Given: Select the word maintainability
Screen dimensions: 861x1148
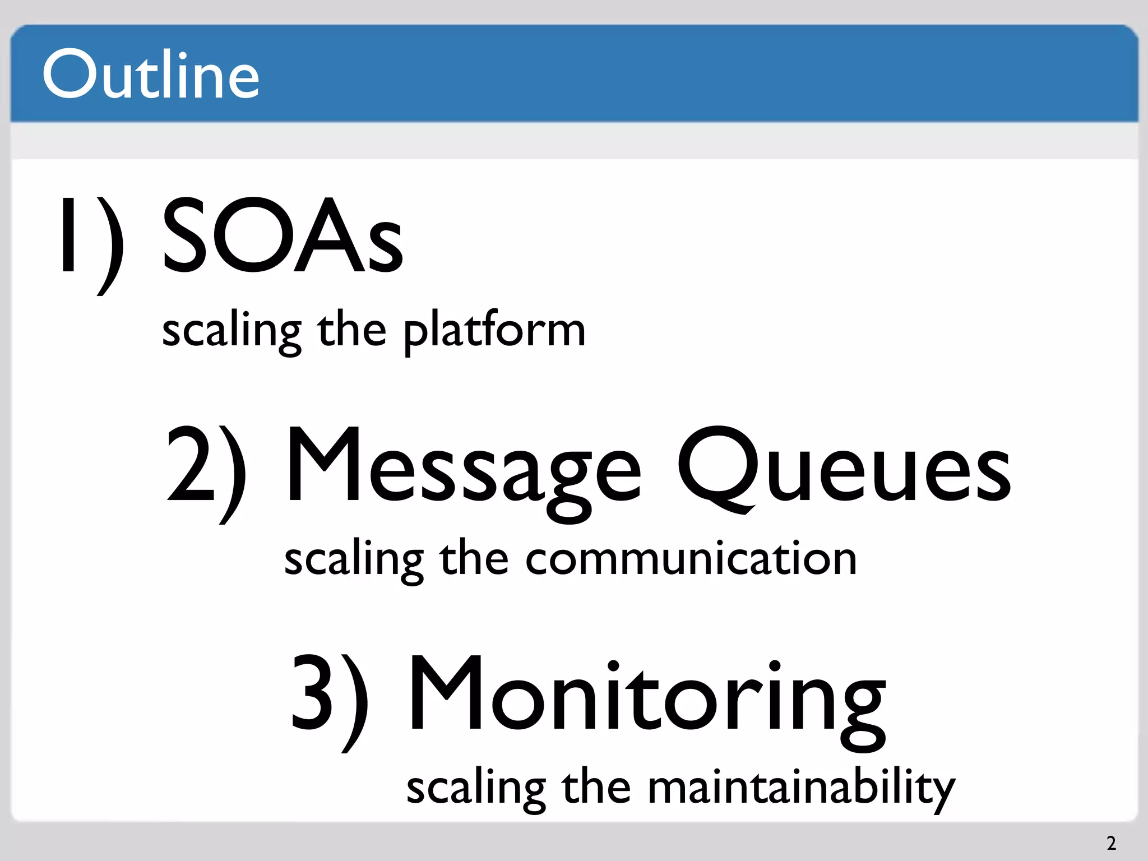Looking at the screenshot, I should (x=801, y=788).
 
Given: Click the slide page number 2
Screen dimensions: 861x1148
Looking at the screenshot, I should (x=1111, y=843).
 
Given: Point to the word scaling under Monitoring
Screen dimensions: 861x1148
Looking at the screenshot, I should (x=476, y=788).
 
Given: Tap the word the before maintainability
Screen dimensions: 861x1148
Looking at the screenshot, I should (x=596, y=787).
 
